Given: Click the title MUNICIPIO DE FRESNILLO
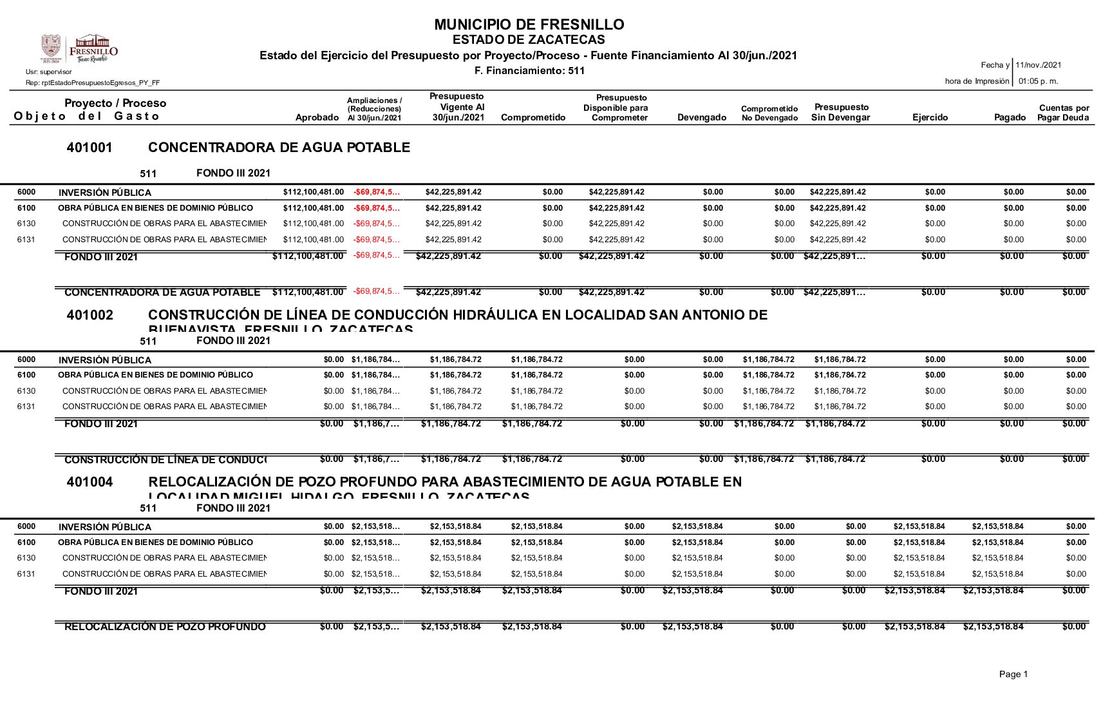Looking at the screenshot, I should pyautogui.click(x=529, y=25).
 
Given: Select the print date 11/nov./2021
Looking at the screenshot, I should pyautogui.click(x=1038, y=65).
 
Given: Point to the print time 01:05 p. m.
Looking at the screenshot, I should pyautogui.click(x=1038, y=81).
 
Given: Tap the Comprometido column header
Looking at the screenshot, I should pyautogui.click(x=533, y=118).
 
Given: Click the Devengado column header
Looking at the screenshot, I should pyautogui.click(x=701, y=118).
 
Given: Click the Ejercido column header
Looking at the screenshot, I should pyautogui.click(x=930, y=118).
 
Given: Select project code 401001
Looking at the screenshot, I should pyautogui.click(x=90, y=148).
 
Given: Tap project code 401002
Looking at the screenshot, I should pyautogui.click(x=90, y=315).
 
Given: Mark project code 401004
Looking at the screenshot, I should pyautogui.click(x=90, y=482).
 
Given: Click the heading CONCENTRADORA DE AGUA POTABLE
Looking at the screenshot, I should pyautogui.click(x=279, y=148).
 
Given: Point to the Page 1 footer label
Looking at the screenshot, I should pyautogui.click(x=1013, y=674).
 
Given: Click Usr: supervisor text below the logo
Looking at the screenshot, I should pyautogui.click(x=49, y=72).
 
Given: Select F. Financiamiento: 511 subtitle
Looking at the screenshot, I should pyautogui.click(x=529, y=71).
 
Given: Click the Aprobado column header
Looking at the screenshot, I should pyautogui.click(x=317, y=118).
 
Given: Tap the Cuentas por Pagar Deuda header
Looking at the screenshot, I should pyautogui.click(x=1063, y=113).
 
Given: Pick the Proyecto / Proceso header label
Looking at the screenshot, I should pyautogui.click(x=115, y=103).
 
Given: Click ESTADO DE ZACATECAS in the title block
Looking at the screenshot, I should pyautogui.click(x=529, y=40).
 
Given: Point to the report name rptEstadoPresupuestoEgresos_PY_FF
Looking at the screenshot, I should pyautogui.click(x=93, y=83).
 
